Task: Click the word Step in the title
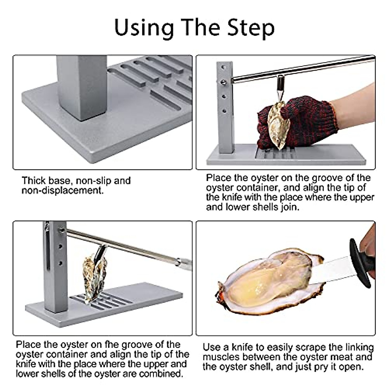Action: [251, 28]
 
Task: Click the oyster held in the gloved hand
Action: [278, 124]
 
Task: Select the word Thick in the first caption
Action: [34, 180]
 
